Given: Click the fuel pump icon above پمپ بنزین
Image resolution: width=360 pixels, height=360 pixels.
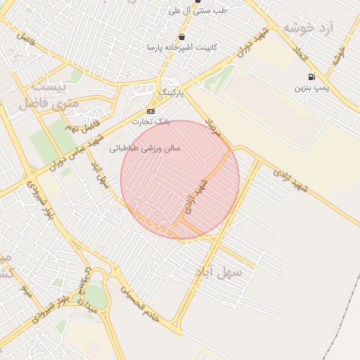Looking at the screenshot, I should [311, 77].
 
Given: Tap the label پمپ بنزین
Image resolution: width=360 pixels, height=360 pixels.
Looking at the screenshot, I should [311, 89].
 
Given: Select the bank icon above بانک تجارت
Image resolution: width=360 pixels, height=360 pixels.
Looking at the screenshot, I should [150, 111].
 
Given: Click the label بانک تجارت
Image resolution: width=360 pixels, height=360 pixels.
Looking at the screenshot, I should [151, 122].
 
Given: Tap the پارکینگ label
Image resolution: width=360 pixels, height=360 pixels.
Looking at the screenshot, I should [171, 92].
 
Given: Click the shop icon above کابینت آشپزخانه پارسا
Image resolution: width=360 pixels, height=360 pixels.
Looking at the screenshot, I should [182, 37].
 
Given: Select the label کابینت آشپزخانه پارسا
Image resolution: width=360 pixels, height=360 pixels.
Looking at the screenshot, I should [182, 47].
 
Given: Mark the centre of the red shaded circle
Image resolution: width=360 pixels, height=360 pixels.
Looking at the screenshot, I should [180, 179].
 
